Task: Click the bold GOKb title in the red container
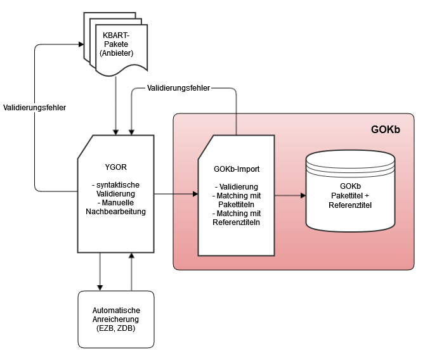385,130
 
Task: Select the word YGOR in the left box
115,168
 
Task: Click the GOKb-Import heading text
236,169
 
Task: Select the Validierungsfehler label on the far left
34,108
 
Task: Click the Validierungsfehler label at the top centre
178,87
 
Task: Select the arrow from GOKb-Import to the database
289,195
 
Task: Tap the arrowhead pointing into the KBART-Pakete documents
81,44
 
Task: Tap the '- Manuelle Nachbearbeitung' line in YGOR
115,207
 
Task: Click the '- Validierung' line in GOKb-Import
236,187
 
